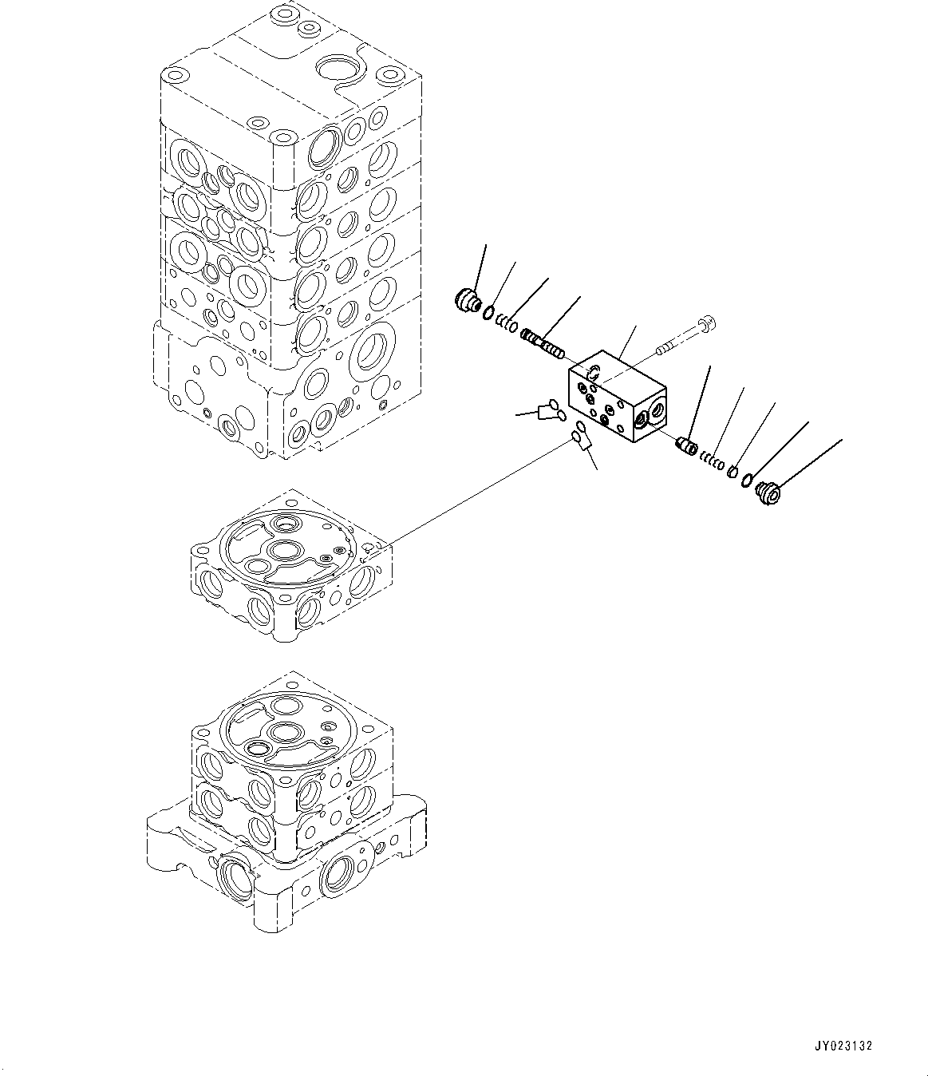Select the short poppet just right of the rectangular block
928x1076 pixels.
point(686,445)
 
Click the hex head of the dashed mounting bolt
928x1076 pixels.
point(706,324)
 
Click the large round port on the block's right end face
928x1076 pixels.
point(654,410)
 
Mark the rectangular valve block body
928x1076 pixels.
point(614,395)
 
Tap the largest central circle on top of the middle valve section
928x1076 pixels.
point(284,550)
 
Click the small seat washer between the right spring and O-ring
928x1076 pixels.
point(730,472)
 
